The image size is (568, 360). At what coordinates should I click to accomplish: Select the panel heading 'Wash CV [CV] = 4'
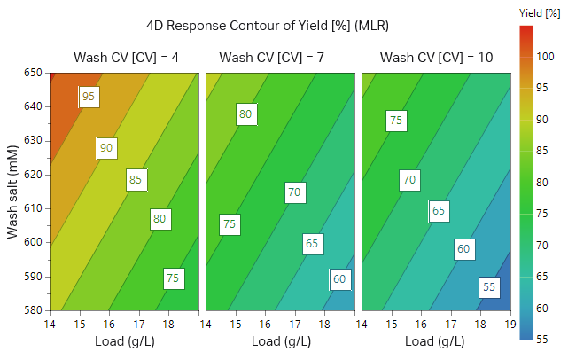pos(126,59)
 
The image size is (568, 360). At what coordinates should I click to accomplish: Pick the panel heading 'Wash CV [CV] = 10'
pos(437,59)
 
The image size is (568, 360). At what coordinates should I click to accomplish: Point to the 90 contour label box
pos(106,148)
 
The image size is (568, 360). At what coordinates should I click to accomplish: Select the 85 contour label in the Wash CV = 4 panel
pos(136,180)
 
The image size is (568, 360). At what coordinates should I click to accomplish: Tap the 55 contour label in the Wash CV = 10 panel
pos(489,287)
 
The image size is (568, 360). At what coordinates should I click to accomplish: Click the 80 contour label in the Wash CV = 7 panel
pos(246,113)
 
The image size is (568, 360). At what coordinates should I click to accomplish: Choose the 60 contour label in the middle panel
pos(339,279)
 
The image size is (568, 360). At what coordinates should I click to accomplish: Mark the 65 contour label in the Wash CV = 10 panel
pos(439,211)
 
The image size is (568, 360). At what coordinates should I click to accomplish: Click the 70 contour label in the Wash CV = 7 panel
pos(295,192)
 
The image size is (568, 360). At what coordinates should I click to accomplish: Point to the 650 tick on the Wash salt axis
pos(34,72)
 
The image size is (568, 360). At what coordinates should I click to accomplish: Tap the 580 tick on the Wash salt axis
pos(34,310)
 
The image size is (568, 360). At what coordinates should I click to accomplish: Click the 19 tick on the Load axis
pos(510,325)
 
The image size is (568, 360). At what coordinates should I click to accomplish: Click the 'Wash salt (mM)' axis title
pos(13,191)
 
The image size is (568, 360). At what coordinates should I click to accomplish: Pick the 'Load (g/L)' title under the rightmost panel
pos(437,340)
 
